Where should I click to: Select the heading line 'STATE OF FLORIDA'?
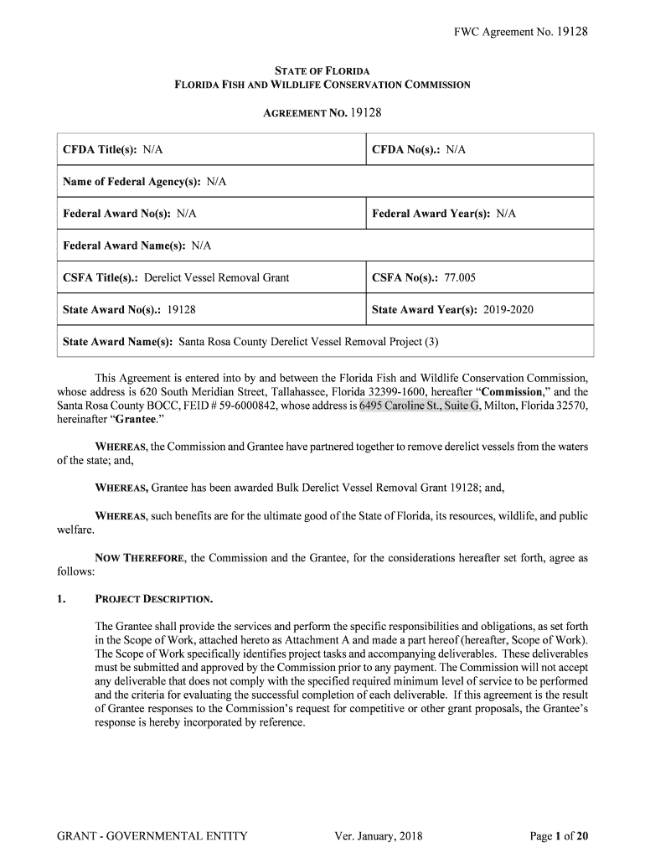(x=322, y=70)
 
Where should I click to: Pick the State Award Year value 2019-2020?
(x=507, y=310)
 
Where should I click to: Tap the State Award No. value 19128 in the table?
(x=182, y=310)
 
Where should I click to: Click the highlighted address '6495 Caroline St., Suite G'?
(x=419, y=406)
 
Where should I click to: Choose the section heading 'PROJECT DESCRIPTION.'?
(x=155, y=599)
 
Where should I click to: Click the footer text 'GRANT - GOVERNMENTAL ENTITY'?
(x=152, y=835)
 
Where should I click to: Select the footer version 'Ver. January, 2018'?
(x=378, y=835)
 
